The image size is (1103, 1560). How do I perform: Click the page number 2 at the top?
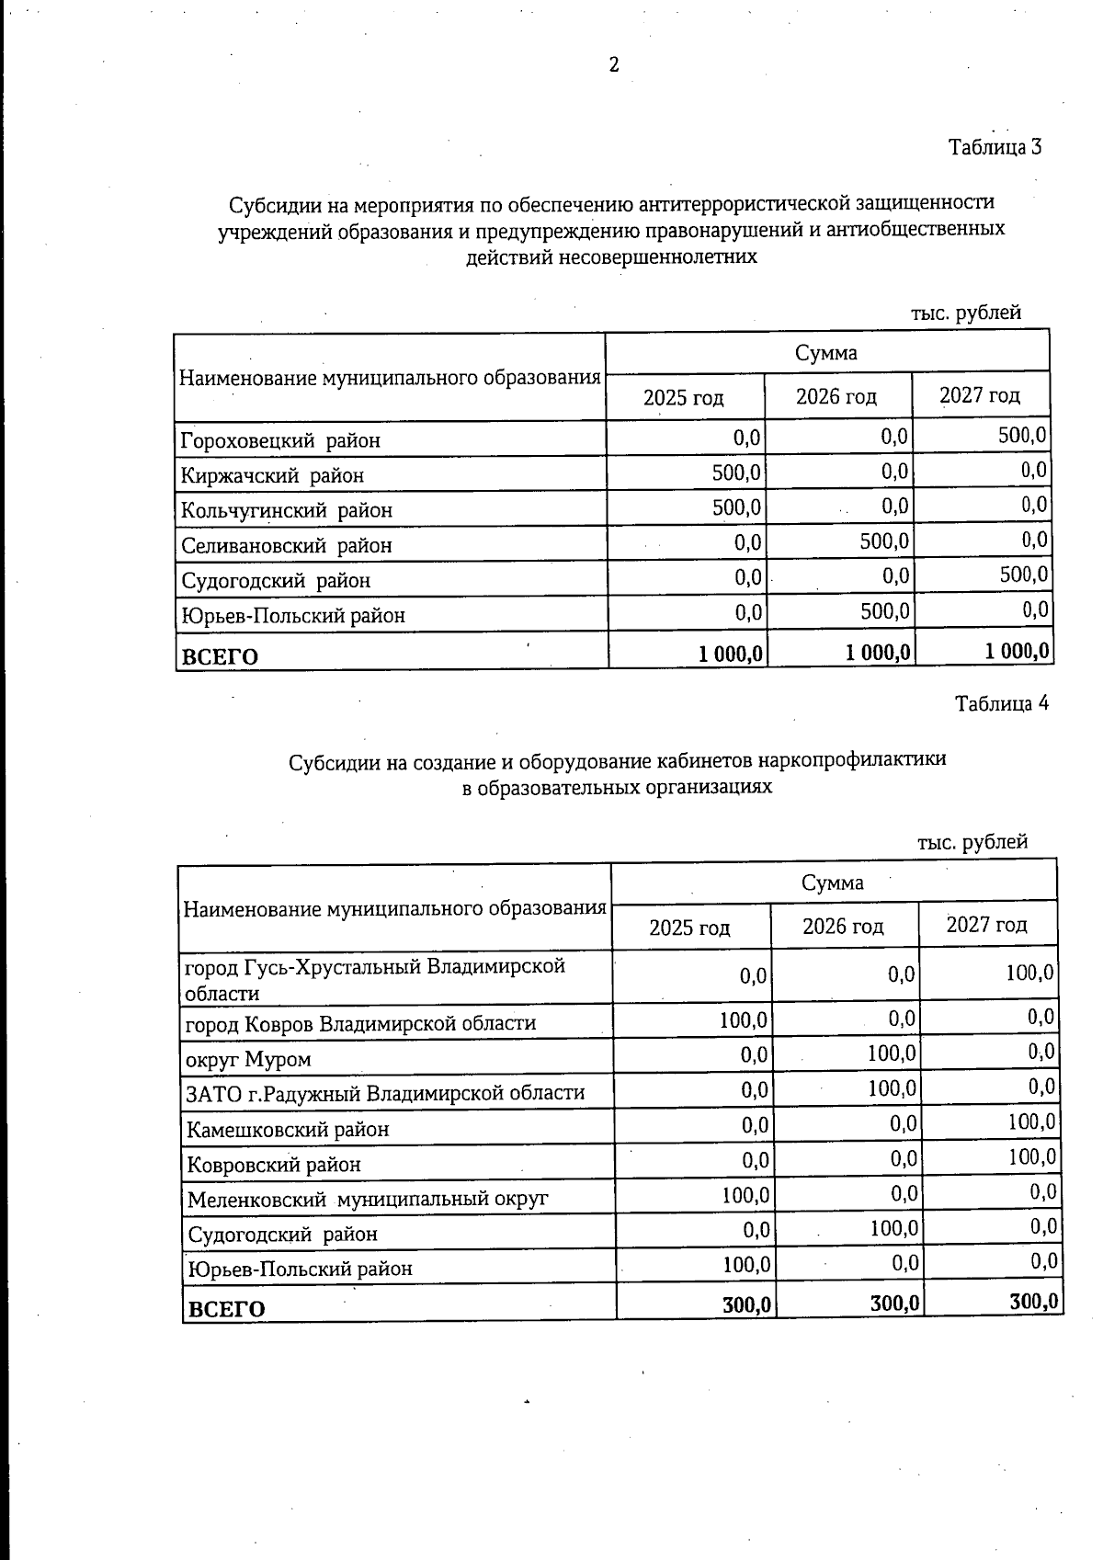[x=614, y=64]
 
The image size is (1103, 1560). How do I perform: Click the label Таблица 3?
[x=995, y=147]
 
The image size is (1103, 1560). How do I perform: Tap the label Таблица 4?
[x=1001, y=704]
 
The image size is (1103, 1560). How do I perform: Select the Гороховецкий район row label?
[x=280, y=440]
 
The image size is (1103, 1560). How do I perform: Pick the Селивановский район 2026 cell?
[x=884, y=541]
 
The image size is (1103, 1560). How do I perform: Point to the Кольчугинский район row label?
[x=287, y=510]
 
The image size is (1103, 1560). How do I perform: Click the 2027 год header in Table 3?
[x=980, y=395]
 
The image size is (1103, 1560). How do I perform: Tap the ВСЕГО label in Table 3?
[x=220, y=656]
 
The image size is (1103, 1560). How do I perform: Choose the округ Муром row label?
[x=248, y=1060]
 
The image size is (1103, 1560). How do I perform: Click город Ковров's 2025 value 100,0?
[x=744, y=1019]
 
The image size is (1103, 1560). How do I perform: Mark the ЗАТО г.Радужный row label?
[x=385, y=1094]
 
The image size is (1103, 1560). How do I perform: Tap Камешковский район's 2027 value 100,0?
[x=1032, y=1122]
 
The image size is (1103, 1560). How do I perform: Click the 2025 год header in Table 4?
[x=689, y=928]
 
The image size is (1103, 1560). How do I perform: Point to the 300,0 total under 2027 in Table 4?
[x=1033, y=1302]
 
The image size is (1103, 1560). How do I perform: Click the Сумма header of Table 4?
[x=833, y=882]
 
